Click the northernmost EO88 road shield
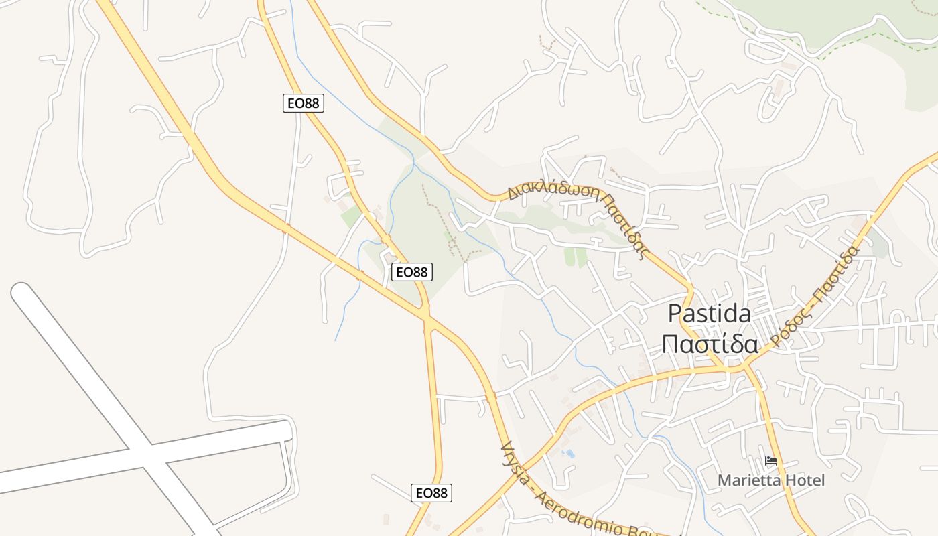click(x=304, y=103)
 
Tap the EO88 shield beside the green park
click(x=411, y=271)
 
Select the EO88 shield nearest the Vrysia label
click(x=431, y=493)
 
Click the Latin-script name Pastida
click(x=710, y=314)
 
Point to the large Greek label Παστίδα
click(x=710, y=344)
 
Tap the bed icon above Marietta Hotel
click(x=771, y=461)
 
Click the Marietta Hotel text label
click(x=771, y=480)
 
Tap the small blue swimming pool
click(x=569, y=454)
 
